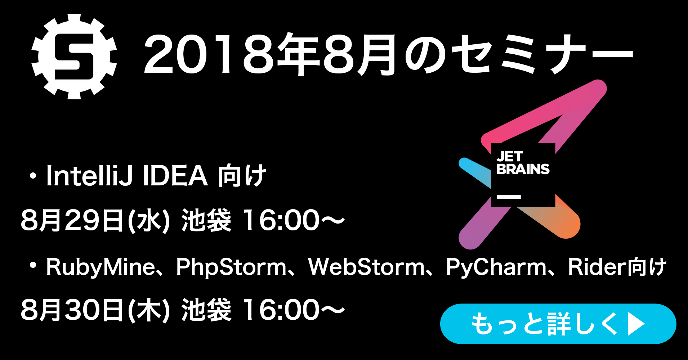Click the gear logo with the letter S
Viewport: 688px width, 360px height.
pos(74,57)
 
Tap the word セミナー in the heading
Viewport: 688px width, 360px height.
pos(542,54)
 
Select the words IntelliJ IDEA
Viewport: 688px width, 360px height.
pos(127,175)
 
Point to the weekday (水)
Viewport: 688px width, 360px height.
pos(149,220)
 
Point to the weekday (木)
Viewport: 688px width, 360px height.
pos(149,310)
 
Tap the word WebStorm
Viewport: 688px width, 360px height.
pos(367,267)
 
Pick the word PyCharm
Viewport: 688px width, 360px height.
pos(496,267)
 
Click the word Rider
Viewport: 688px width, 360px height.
pos(597,267)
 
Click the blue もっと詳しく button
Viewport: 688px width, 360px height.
pos(558,324)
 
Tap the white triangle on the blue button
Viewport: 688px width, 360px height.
pos(636,324)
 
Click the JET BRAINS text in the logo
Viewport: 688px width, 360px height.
pos(523,163)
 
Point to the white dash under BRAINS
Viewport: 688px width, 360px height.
pos(509,197)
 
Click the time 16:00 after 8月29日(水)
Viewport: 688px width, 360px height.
pos(281,220)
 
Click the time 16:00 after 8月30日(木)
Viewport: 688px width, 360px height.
pos(281,310)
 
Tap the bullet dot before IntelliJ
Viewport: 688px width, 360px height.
pos(33,176)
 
